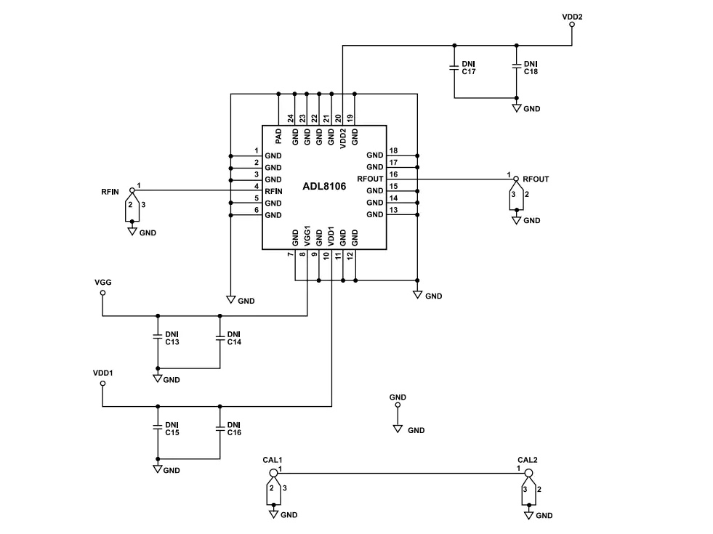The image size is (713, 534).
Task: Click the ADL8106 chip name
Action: click(x=324, y=186)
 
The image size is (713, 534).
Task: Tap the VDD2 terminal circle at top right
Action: click(x=572, y=25)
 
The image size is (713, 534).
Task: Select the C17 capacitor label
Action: click(x=469, y=72)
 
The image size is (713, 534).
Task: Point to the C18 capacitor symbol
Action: click(x=516, y=67)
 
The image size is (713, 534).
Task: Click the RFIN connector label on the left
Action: click(x=110, y=193)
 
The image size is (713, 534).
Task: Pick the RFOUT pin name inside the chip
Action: click(x=370, y=179)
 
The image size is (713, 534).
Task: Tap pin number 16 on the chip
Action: click(x=393, y=174)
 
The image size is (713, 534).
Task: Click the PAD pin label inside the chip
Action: click(x=278, y=137)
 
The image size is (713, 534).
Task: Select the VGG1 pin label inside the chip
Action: click(x=307, y=236)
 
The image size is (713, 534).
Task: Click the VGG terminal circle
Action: click(x=102, y=293)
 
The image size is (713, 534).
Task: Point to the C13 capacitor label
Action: click(x=172, y=342)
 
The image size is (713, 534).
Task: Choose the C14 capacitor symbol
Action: click(x=219, y=337)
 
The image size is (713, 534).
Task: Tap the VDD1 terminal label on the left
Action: click(x=102, y=373)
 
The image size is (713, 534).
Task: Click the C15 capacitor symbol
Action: click(x=158, y=428)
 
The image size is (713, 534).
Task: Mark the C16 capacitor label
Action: click(x=234, y=433)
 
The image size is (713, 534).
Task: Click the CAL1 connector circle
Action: click(x=273, y=473)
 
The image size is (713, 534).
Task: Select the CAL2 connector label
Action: click(x=528, y=460)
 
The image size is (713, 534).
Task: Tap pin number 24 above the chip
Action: click(x=291, y=118)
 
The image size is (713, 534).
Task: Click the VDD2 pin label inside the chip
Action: click(x=343, y=138)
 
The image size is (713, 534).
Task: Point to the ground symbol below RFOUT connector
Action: click(x=516, y=220)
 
